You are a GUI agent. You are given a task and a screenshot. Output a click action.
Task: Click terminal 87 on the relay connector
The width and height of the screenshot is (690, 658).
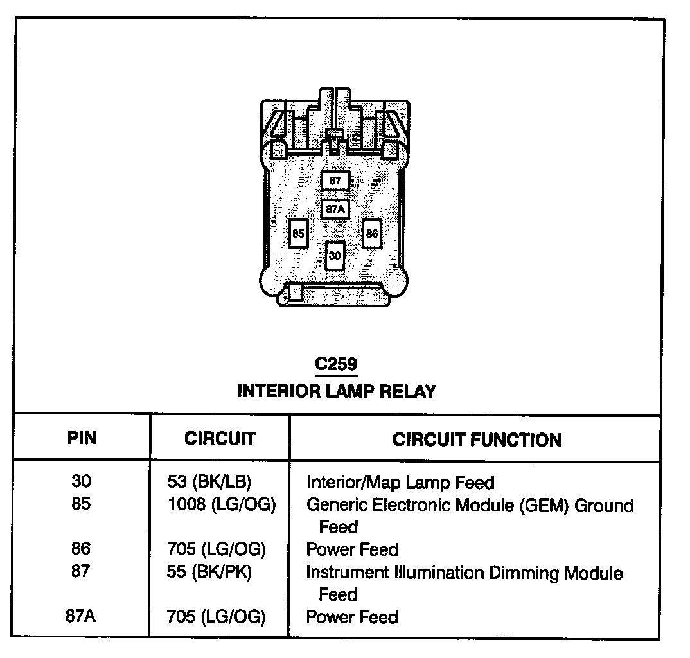(335, 181)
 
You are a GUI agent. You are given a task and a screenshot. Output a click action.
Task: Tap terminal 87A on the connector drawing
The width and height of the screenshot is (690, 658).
(335, 209)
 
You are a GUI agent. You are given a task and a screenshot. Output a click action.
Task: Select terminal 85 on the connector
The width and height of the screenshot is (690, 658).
(297, 234)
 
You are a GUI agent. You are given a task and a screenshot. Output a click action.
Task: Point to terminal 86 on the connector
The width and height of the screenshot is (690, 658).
(372, 234)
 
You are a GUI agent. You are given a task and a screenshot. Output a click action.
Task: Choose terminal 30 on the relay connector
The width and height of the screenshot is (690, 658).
(335, 255)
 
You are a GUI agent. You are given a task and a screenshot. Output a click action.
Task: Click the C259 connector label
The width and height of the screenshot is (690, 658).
(336, 364)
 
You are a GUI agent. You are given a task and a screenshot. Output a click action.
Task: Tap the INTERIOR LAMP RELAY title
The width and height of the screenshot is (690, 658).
(337, 391)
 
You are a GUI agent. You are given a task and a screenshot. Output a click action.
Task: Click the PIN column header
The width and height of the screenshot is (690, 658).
(82, 439)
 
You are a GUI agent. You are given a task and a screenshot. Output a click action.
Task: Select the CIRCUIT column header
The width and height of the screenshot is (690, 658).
(220, 439)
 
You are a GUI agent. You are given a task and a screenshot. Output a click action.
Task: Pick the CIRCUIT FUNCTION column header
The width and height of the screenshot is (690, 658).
(477, 440)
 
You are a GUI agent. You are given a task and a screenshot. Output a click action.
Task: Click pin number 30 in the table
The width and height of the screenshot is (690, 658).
(82, 481)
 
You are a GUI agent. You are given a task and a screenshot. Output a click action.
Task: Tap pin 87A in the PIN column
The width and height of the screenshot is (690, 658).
(81, 616)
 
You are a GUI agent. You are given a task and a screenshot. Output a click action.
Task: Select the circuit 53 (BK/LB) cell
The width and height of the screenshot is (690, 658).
(209, 482)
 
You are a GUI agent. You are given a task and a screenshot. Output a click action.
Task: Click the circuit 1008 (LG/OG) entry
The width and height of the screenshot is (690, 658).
(221, 505)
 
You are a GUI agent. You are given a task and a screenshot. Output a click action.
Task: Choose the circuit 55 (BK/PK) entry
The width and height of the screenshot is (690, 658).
(209, 572)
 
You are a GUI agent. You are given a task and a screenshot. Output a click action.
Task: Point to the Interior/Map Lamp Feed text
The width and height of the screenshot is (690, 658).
(400, 482)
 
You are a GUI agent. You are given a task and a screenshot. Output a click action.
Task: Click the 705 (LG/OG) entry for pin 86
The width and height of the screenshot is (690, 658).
(216, 549)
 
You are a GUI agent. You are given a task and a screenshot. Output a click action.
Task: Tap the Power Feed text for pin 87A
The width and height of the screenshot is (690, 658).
(352, 617)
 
